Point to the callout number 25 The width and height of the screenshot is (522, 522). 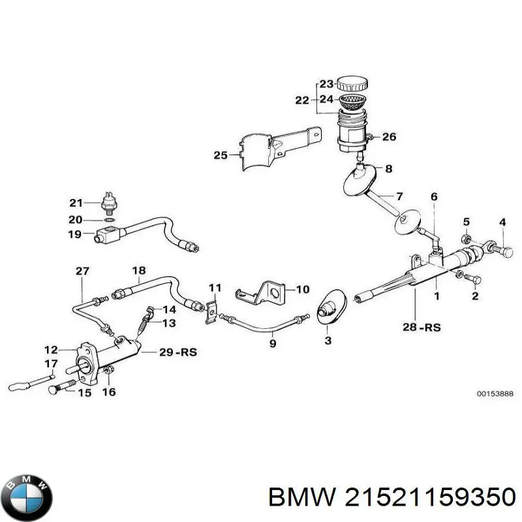pyautogui.click(x=220, y=155)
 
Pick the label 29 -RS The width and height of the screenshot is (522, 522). pyautogui.click(x=178, y=353)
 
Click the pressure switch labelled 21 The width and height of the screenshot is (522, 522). pyautogui.click(x=108, y=203)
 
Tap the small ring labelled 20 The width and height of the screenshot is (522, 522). pyautogui.click(x=111, y=221)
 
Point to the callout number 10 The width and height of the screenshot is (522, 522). pyautogui.click(x=303, y=289)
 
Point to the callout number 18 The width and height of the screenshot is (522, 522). pyautogui.click(x=139, y=270)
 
